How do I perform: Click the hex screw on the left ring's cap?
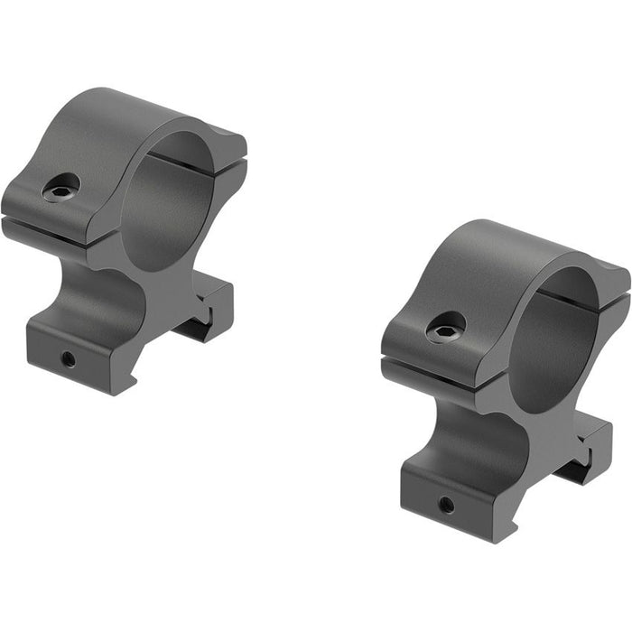[x=61, y=187]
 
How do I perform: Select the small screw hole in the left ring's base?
[x=67, y=358]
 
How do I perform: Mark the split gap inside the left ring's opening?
[x=181, y=163]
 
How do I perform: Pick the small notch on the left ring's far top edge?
[x=224, y=133]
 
